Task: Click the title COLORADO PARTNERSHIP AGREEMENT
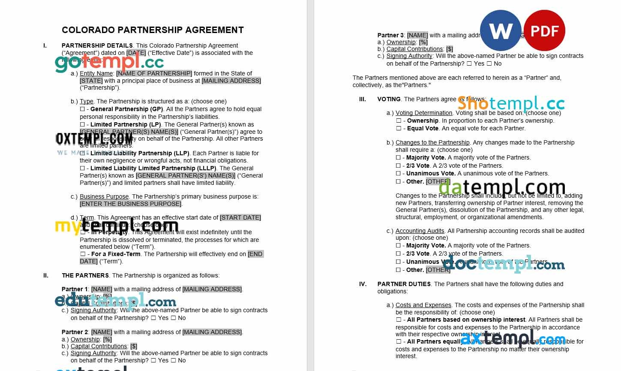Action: coord(153,30)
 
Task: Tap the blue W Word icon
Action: coord(501,30)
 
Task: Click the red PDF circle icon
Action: coord(544,30)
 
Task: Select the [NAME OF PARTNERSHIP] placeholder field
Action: coord(154,73)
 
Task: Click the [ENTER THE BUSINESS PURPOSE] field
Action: coord(130,204)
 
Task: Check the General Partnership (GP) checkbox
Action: coord(82,109)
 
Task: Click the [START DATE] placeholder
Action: coord(240,217)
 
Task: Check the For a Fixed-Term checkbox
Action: coord(82,254)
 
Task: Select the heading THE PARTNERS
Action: coord(85,275)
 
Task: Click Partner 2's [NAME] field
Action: coord(102,332)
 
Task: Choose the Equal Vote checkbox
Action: coord(398,129)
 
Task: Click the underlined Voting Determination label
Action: coord(423,113)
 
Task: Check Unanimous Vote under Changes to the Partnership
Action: coord(398,174)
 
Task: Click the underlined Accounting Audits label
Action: coord(420,231)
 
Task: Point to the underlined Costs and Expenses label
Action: coord(423,305)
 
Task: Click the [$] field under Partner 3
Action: coord(449,49)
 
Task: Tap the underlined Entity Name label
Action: coord(96,73)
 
